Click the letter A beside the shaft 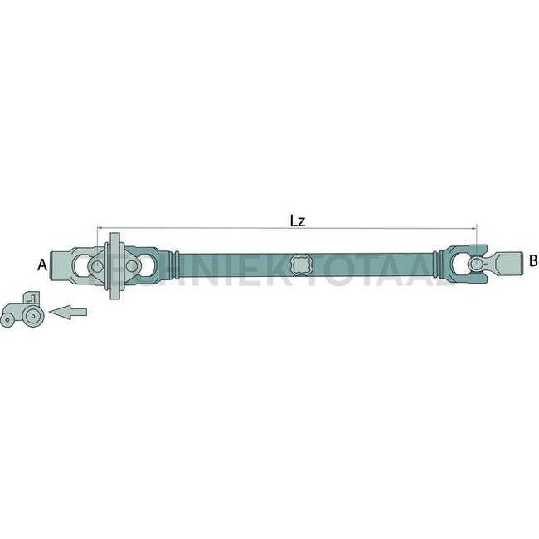click(41, 265)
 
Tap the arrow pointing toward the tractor click(67, 312)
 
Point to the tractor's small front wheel click(8, 318)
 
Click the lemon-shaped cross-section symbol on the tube click(303, 265)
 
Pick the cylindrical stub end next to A click(60, 265)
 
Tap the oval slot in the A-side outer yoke click(80, 265)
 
